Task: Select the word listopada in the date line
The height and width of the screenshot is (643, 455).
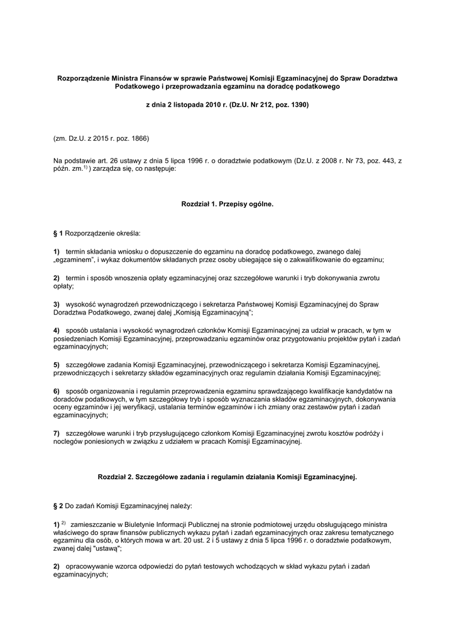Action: pyautogui.click(x=183, y=104)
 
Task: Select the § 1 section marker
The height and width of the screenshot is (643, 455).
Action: pyautogui.click(x=58, y=233)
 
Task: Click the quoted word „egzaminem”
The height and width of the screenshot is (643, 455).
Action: pyautogui.click(x=75, y=259)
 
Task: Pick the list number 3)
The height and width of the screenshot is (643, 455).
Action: pyautogui.click(x=57, y=304)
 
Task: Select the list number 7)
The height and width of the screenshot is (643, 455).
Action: pyautogui.click(x=57, y=433)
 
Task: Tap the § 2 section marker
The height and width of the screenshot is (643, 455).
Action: pyautogui.click(x=58, y=505)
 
